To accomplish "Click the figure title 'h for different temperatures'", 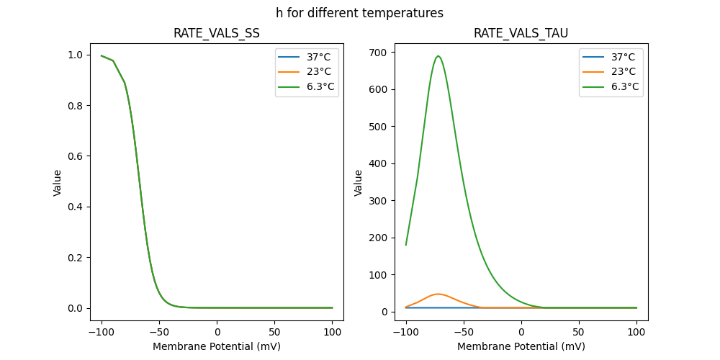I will tap(359, 13).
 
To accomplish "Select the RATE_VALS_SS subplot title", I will tap(217, 33).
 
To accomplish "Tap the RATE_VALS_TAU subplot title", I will tap(521, 33).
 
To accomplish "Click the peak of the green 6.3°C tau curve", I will tap(438, 56).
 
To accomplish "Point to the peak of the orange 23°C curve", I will tap(438, 294).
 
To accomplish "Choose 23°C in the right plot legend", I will tap(624, 72).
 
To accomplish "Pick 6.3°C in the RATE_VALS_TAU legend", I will tap(624, 87).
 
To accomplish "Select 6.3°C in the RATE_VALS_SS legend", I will tap(320, 87).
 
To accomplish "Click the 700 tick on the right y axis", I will tap(379, 53).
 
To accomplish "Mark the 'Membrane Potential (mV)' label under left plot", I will tap(217, 346).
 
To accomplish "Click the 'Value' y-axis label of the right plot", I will tap(358, 182).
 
